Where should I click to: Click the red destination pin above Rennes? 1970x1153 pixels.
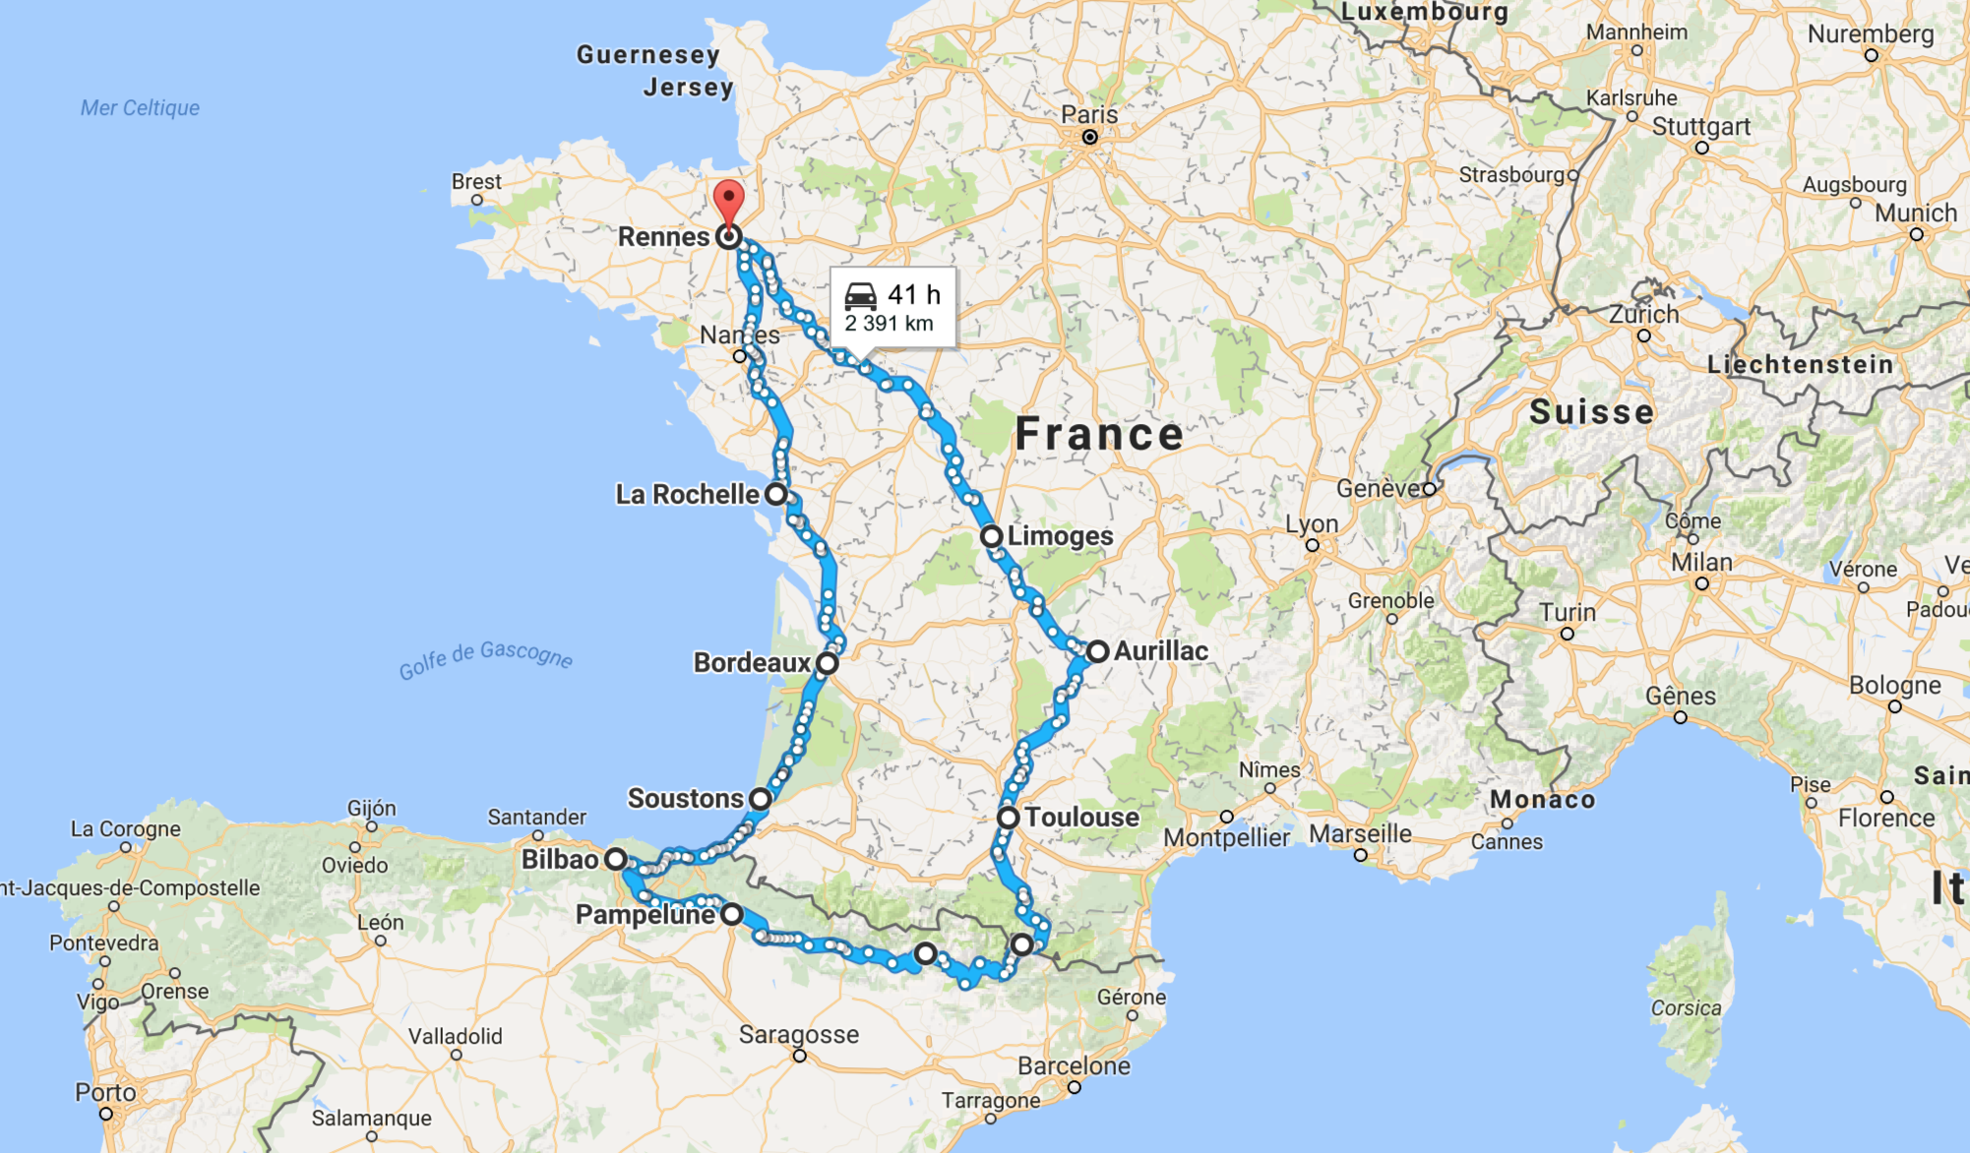(x=728, y=200)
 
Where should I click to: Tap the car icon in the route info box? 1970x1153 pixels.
(x=860, y=295)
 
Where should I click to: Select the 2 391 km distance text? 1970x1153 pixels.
(x=889, y=324)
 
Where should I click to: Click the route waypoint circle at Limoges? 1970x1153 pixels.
(x=991, y=536)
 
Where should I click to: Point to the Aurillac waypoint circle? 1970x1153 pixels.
(x=1097, y=651)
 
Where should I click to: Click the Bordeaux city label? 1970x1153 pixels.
(x=752, y=663)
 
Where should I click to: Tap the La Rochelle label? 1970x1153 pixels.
(x=687, y=494)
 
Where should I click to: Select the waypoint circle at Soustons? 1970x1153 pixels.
(x=761, y=799)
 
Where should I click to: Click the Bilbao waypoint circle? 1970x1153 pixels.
(x=616, y=859)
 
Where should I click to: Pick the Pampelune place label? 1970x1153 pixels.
(x=646, y=915)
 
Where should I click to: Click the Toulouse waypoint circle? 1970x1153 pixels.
(x=1009, y=818)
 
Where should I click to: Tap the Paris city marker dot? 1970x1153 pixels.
(x=1089, y=137)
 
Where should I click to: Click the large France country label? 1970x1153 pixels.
(x=1099, y=434)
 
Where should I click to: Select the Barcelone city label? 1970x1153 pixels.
(x=1074, y=1066)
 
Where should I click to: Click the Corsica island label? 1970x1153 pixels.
(x=1686, y=1008)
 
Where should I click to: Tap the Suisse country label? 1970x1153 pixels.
(x=1591, y=411)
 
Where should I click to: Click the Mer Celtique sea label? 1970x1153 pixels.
(x=140, y=108)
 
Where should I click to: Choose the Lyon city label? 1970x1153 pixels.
(x=1312, y=523)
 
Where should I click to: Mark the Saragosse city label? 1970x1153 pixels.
(x=798, y=1035)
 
